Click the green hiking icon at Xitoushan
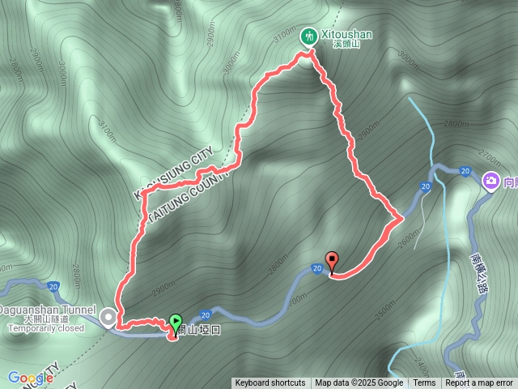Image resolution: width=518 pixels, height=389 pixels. pos(309,36)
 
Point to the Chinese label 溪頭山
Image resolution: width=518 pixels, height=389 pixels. pos(346,46)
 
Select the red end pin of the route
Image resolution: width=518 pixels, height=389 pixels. pos(332,261)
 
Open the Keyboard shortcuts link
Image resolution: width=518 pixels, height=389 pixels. pos(270,383)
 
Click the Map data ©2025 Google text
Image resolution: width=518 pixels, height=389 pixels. pos(359,383)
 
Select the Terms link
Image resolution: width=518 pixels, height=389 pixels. pos(424,383)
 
